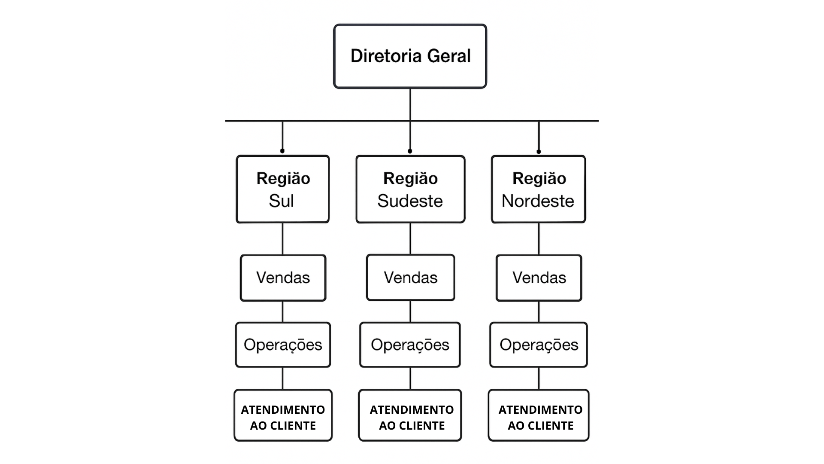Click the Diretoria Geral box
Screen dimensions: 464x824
(410, 56)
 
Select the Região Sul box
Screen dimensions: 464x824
(282, 189)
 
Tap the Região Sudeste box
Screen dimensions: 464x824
(410, 189)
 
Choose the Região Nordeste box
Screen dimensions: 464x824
(538, 189)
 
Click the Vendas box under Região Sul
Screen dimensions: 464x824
(283, 278)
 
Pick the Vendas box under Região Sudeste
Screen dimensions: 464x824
(410, 278)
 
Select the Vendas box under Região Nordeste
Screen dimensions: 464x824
(539, 278)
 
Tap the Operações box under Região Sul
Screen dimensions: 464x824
(283, 345)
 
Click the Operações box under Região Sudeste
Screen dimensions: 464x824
(410, 345)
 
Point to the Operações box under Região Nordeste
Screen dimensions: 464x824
(538, 345)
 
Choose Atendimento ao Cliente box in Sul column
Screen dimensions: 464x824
(283, 415)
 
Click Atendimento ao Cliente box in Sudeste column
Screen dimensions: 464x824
(410, 415)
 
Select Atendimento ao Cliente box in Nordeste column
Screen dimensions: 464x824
(538, 415)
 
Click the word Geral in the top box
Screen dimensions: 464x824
(449, 56)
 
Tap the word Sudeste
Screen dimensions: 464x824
(410, 201)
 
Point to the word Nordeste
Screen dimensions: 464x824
(538, 201)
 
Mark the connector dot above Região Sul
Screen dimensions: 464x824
(282, 151)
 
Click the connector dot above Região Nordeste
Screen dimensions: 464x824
(539, 151)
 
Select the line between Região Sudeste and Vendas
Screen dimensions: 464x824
(410, 238)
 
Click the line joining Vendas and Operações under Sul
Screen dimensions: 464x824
(282, 311)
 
